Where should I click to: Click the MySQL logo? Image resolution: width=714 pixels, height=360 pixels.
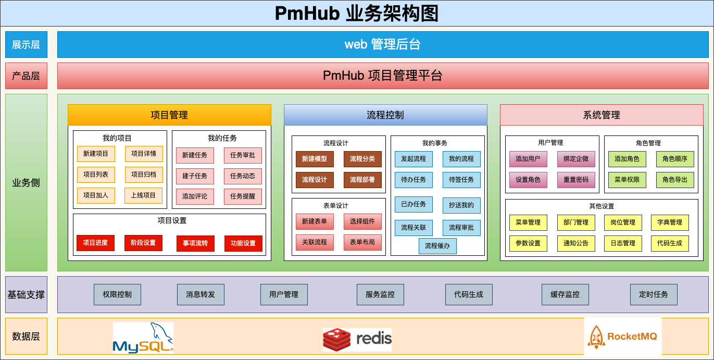(x=143, y=337)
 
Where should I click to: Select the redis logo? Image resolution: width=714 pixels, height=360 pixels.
(x=357, y=339)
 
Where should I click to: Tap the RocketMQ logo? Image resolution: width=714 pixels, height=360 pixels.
(x=622, y=337)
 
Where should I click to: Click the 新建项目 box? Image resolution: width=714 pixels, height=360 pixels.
(x=96, y=154)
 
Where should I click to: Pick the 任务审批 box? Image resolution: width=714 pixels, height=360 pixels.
(x=243, y=155)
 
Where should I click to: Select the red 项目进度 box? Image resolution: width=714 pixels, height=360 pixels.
(x=95, y=243)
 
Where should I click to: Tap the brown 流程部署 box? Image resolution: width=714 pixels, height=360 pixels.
(x=362, y=180)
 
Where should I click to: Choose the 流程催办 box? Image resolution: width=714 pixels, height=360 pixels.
(x=437, y=246)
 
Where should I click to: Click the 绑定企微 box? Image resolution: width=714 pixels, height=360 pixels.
(x=576, y=159)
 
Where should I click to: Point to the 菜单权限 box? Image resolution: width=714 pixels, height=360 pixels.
(x=627, y=180)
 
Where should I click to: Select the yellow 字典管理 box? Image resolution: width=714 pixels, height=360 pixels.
(x=670, y=222)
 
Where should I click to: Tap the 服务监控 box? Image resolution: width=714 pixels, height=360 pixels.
(x=380, y=294)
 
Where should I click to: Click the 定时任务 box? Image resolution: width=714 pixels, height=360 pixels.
(x=654, y=294)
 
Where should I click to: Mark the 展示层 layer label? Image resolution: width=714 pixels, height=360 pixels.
(x=26, y=44)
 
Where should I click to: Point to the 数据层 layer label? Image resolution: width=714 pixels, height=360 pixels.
(x=26, y=336)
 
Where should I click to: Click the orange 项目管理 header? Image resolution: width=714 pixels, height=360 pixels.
(x=169, y=115)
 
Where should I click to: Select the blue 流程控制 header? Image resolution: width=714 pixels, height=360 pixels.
(x=385, y=115)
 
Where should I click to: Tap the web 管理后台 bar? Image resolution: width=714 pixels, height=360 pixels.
(x=383, y=44)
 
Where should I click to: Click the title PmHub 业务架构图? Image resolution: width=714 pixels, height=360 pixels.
(x=357, y=14)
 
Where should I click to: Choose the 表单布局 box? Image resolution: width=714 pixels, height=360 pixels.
(x=362, y=242)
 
